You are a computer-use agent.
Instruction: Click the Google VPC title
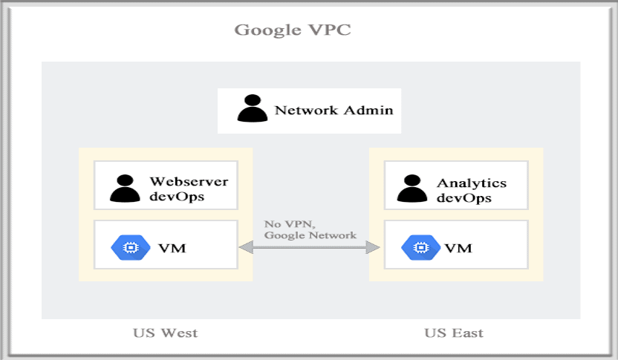pyautogui.click(x=293, y=30)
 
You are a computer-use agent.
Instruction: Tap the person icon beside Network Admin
pyautogui.click(x=252, y=108)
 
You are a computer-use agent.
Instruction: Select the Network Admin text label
pyautogui.click(x=334, y=111)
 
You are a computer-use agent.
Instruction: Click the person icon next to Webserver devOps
pyautogui.click(x=124, y=189)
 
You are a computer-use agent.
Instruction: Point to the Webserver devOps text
pyautogui.click(x=189, y=189)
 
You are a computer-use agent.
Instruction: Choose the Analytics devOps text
pyautogui.click(x=472, y=190)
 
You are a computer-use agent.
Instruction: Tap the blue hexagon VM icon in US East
pyautogui.click(x=417, y=247)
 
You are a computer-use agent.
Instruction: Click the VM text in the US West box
pyautogui.click(x=172, y=248)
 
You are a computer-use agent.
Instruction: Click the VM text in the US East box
pyautogui.click(x=458, y=248)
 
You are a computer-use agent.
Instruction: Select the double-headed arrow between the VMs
pyautogui.click(x=310, y=248)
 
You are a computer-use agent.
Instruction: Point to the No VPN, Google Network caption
pyautogui.click(x=310, y=229)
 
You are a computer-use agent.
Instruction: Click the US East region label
pyautogui.click(x=454, y=333)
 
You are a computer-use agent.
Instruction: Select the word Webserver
pyautogui.click(x=189, y=181)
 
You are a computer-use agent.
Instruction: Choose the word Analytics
pyautogui.click(x=472, y=183)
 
